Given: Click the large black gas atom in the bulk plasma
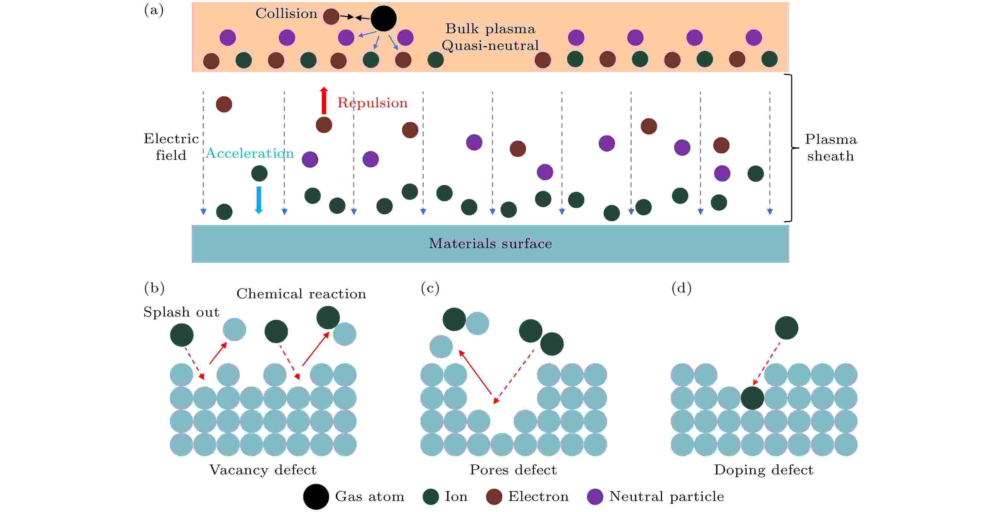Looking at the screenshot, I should (x=383, y=18).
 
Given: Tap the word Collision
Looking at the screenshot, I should (x=286, y=13).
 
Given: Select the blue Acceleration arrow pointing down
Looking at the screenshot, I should (x=258, y=200).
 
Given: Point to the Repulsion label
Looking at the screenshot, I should (x=372, y=103).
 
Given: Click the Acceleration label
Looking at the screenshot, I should (x=250, y=153).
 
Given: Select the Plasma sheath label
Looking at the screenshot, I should (x=830, y=148).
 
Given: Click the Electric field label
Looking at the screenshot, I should (x=171, y=147).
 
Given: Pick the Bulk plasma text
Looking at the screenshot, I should (x=490, y=29).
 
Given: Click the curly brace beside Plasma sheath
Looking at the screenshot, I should (x=792, y=148).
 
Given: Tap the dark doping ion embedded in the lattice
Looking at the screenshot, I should (x=752, y=398).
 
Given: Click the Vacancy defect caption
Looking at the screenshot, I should (x=263, y=470).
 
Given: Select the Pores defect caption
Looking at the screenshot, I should (x=513, y=470).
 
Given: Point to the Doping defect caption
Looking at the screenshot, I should (x=763, y=470).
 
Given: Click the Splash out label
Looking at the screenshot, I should (x=181, y=312).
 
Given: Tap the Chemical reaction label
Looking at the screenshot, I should (x=301, y=294).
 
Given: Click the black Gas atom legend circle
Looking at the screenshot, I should (x=316, y=496).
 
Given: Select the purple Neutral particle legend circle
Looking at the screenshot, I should (x=595, y=496).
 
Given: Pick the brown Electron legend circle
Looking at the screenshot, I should (x=494, y=496).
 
